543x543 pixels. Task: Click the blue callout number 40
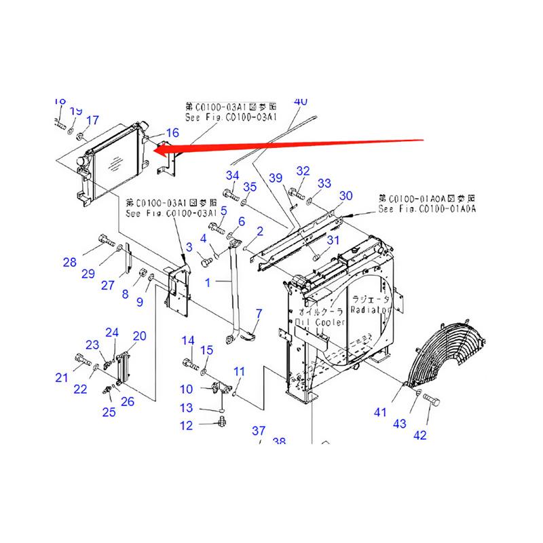(300, 101)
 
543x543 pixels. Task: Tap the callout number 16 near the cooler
(172, 133)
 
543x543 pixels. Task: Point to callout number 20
(139, 335)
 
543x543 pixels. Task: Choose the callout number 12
(185, 426)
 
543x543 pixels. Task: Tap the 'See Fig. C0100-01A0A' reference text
(428, 210)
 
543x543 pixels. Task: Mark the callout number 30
(346, 196)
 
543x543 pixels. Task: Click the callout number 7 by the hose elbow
(258, 313)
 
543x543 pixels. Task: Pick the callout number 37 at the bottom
(259, 431)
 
